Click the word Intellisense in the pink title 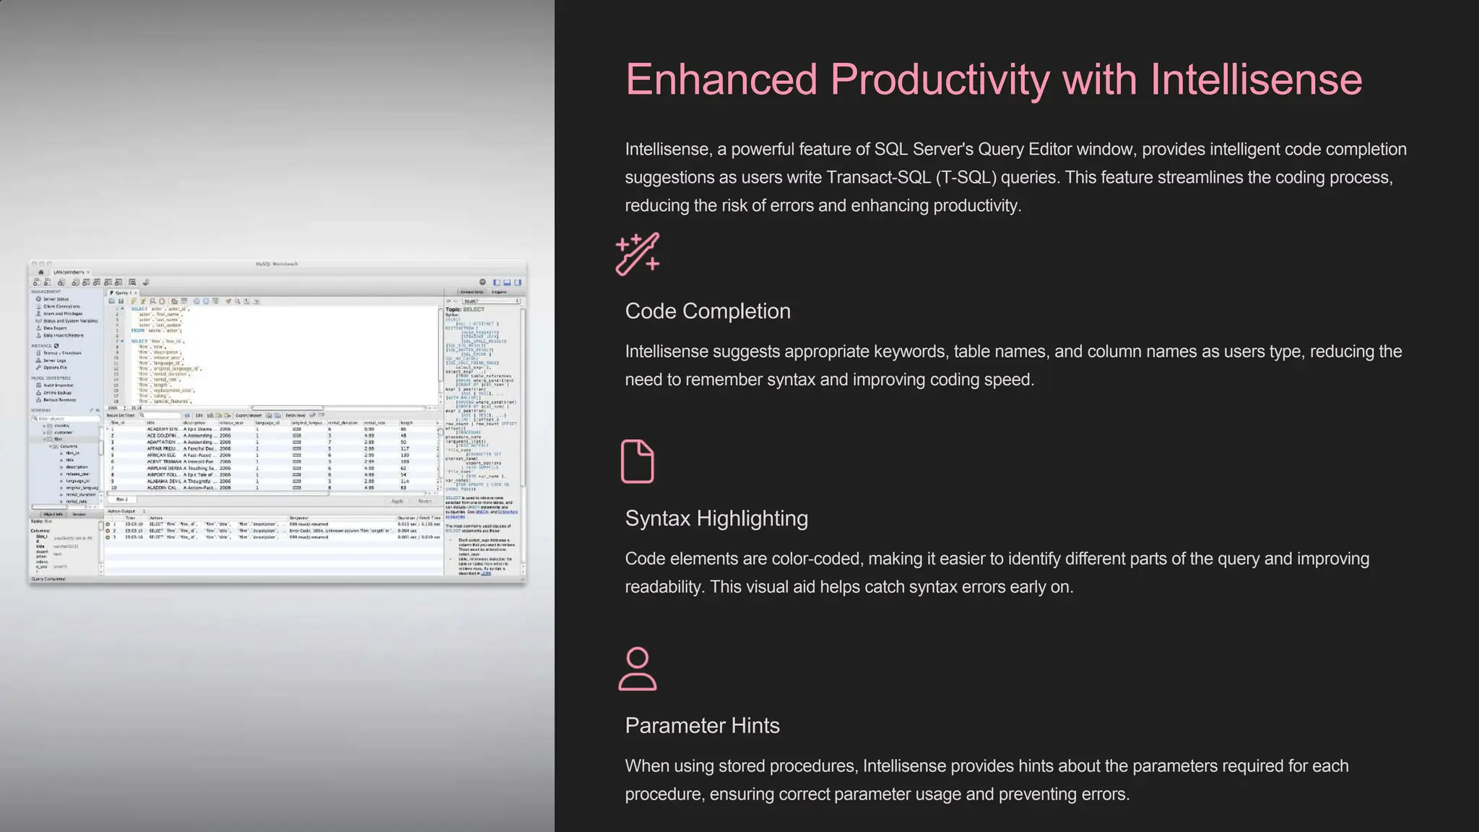[1256, 79]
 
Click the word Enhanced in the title [721, 79]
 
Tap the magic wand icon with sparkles [638, 253]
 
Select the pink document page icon [637, 461]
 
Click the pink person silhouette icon [638, 669]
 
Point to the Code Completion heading [707, 311]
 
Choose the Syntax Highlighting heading [716, 519]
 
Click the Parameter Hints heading [702, 726]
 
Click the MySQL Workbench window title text [277, 264]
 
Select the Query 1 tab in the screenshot [122, 292]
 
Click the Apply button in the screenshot [397, 501]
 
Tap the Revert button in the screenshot [425, 501]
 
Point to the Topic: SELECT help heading [465, 309]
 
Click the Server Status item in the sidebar [56, 299]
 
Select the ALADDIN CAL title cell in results [162, 487]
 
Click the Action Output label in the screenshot [121, 511]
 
